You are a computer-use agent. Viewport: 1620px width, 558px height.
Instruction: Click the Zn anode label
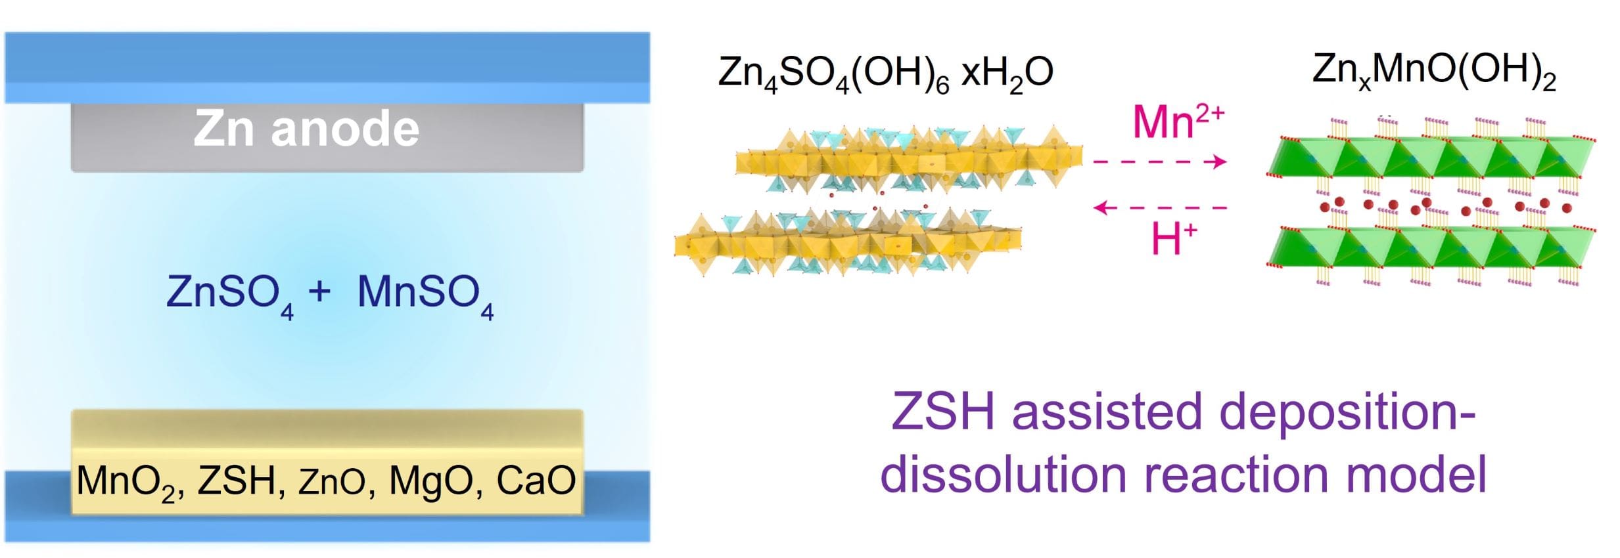click(x=306, y=128)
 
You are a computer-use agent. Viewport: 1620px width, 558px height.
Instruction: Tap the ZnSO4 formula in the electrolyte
click(x=230, y=295)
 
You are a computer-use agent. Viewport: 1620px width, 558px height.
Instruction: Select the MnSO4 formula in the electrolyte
click(x=425, y=295)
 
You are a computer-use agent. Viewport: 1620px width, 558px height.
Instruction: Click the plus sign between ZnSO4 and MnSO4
click(x=319, y=290)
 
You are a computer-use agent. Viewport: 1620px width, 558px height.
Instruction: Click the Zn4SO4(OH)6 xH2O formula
click(x=885, y=74)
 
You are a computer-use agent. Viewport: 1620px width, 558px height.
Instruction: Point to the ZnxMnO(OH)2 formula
click(x=1434, y=71)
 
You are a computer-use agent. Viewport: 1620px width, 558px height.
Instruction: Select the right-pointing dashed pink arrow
click(x=1160, y=161)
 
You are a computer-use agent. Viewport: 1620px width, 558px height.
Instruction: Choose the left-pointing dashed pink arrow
click(x=1160, y=208)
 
